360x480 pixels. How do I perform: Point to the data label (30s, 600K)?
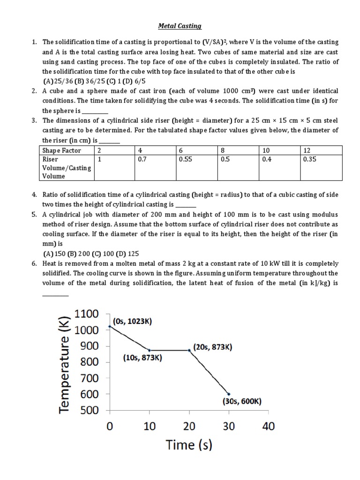click(x=242, y=401)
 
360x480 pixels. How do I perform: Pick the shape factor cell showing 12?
click(x=307, y=150)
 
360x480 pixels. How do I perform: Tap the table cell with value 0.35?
click(x=310, y=159)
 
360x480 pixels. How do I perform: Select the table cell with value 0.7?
click(x=142, y=159)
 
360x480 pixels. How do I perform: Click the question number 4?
click(x=34, y=195)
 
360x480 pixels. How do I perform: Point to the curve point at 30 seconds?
click(x=228, y=394)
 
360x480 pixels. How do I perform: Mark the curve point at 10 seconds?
click(x=150, y=350)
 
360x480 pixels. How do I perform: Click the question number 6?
click(x=34, y=264)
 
